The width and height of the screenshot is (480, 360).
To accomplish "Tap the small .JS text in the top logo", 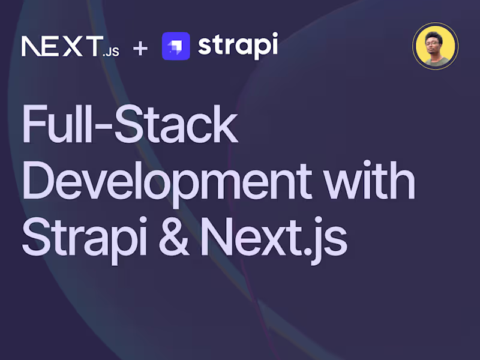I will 110,52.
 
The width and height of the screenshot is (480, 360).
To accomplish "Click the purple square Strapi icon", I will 176,46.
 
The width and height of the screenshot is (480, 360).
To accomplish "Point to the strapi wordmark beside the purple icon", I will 238,46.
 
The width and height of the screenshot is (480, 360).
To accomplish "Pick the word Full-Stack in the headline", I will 130,125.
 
